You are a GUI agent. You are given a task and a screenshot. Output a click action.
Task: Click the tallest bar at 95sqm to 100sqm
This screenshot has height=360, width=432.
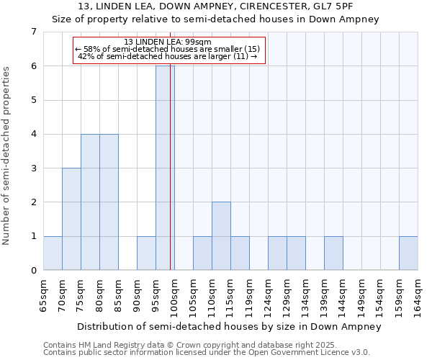[165, 168]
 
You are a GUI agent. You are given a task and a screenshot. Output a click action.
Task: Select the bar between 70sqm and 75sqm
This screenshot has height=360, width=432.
[71, 219]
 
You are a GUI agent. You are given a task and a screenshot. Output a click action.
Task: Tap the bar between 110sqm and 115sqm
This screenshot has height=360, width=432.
[221, 236]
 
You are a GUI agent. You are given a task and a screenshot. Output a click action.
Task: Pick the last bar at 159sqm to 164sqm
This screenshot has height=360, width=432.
[408, 253]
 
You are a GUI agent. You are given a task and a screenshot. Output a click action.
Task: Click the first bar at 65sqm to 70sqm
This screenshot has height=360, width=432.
[53, 253]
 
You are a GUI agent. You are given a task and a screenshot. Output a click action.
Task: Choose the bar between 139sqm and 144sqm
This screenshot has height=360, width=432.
[333, 253]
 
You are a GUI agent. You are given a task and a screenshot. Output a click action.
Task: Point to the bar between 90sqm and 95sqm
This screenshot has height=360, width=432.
[146, 253]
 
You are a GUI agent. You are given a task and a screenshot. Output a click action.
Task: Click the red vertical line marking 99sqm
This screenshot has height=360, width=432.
[171, 180]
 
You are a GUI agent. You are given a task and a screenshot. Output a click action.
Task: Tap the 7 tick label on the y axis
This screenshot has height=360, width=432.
[33, 32]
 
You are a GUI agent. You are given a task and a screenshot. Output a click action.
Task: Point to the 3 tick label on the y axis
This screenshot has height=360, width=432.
[33, 168]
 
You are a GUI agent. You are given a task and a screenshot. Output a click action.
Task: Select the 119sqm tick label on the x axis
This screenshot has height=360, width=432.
[250, 295]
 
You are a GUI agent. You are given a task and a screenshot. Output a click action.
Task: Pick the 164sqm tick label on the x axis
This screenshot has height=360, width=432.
[418, 295]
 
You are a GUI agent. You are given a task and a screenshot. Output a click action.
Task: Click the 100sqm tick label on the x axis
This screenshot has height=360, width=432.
[175, 295]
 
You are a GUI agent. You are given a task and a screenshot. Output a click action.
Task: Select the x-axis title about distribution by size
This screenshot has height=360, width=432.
[228, 326]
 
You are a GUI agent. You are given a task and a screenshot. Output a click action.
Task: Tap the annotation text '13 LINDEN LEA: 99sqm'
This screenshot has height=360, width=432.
[168, 42]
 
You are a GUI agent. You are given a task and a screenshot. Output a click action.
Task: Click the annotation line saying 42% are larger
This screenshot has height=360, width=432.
[168, 56]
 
